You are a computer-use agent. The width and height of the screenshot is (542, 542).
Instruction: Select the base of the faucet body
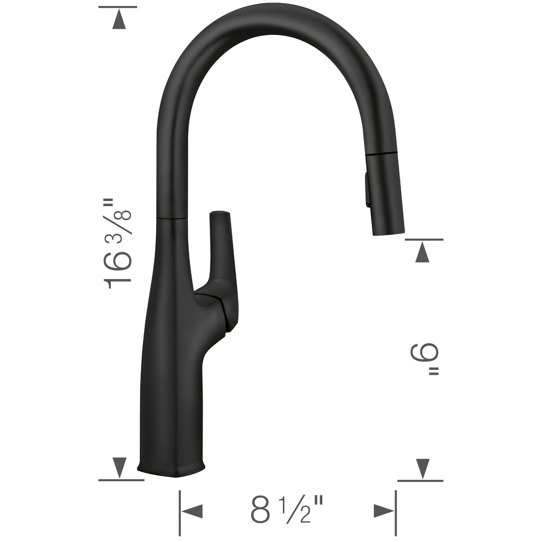pyautogui.click(x=171, y=469)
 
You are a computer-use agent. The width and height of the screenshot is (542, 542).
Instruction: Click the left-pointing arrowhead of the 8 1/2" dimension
pyautogui.click(x=192, y=511)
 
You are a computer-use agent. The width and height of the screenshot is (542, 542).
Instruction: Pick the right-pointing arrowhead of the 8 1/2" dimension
pyautogui.click(x=384, y=511)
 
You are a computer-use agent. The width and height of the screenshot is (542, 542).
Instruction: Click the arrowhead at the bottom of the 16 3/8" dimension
pyautogui.click(x=119, y=467)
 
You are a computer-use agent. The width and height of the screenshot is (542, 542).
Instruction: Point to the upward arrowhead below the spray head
pyautogui.click(x=423, y=252)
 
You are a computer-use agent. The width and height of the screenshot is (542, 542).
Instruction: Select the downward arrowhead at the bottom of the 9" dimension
pyautogui.click(x=423, y=468)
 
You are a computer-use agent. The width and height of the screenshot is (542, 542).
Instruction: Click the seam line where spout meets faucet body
pyautogui.click(x=172, y=218)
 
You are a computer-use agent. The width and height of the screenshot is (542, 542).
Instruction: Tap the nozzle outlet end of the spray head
pyautogui.click(x=388, y=232)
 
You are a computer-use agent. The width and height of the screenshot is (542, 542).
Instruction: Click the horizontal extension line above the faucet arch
pyautogui.click(x=118, y=7)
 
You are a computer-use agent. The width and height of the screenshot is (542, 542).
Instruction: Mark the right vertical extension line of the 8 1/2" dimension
pyautogui.click(x=396, y=512)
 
